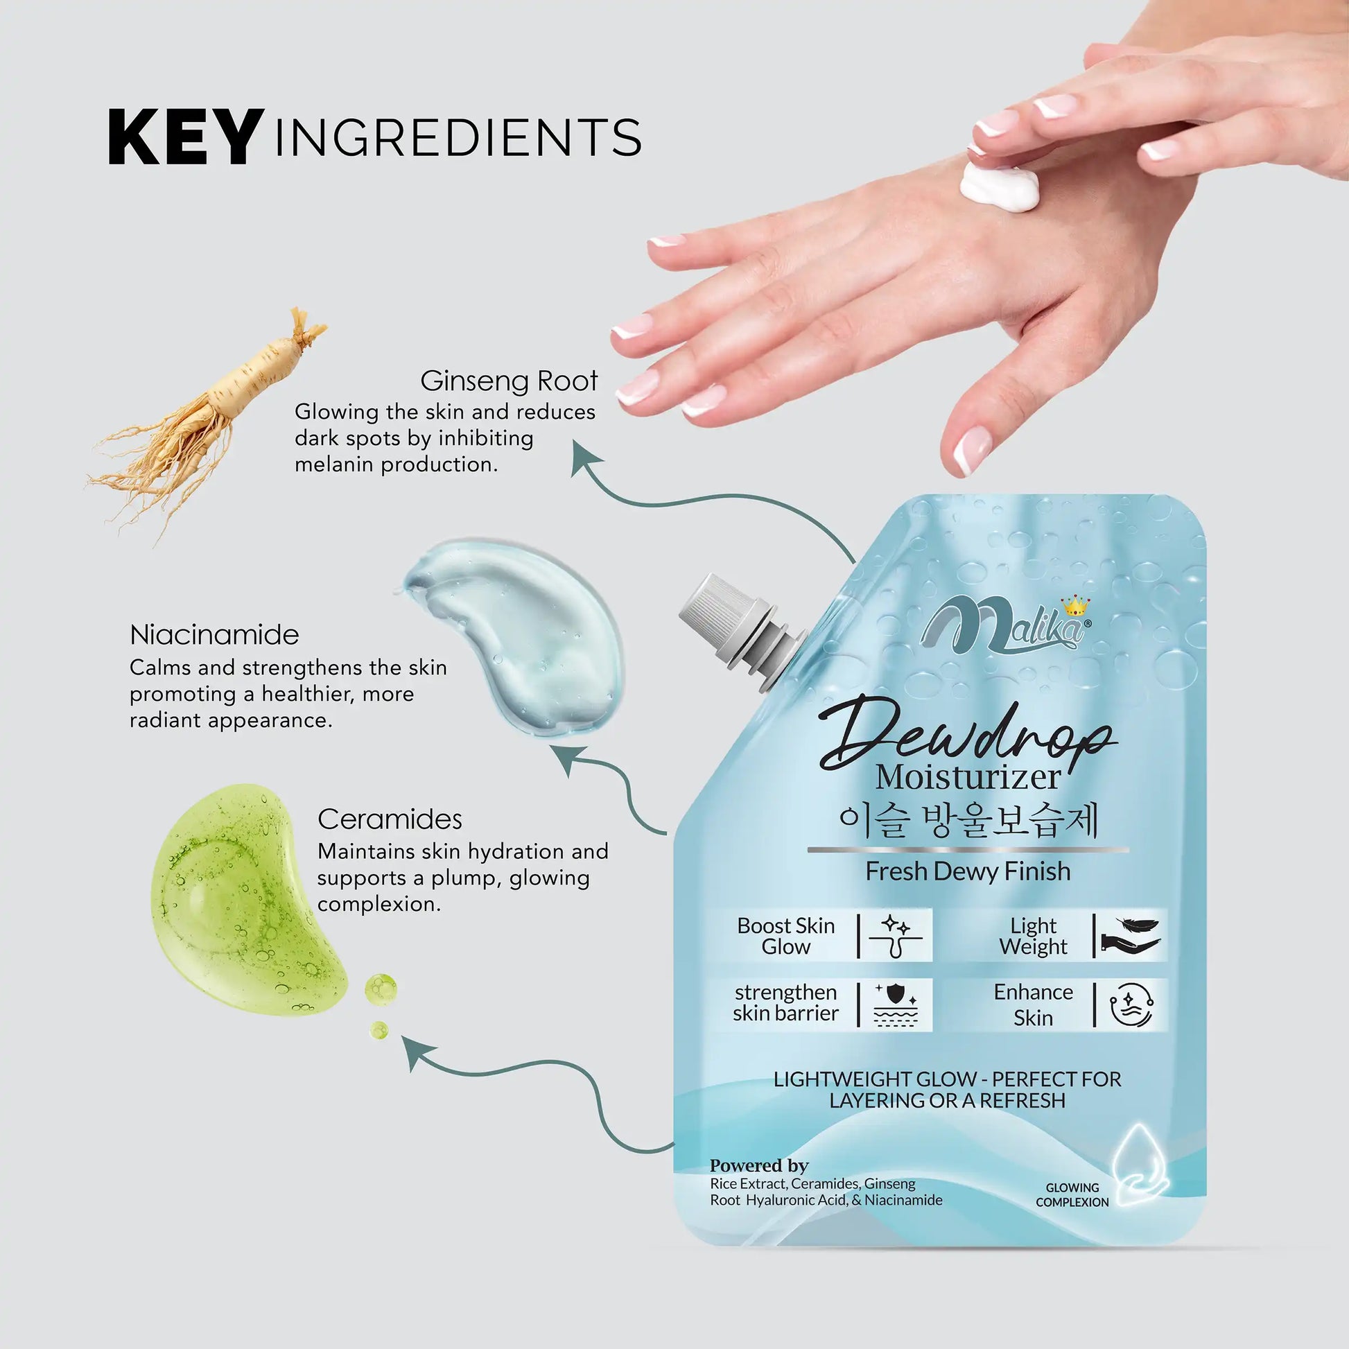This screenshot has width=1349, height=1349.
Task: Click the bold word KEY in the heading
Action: [x=186, y=137]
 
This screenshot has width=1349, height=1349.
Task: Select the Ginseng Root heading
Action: [x=509, y=381]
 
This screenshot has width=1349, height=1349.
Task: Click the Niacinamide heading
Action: [x=214, y=635]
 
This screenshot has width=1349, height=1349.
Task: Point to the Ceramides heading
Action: [x=390, y=819]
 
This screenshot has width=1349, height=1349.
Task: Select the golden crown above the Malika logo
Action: [x=1075, y=605]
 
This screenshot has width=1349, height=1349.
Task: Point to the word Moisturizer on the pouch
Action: [x=968, y=778]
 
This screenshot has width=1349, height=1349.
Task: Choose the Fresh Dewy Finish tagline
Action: [x=968, y=871]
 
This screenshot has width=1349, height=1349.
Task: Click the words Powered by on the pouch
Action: [x=759, y=1165]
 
